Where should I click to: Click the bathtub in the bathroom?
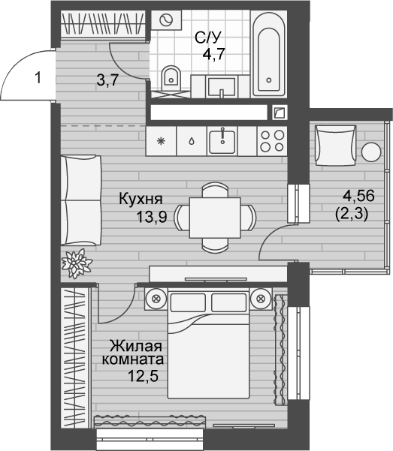click(269, 55)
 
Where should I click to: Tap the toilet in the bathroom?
click(172, 77)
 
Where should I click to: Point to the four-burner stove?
click(271, 140)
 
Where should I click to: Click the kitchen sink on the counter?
click(222, 140)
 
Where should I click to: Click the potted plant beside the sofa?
click(77, 263)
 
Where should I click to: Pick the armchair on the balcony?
click(334, 146)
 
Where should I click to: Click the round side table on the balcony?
click(373, 151)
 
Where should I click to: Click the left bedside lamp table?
click(156, 298)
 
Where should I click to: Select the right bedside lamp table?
click(261, 298)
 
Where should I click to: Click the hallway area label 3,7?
click(108, 83)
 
